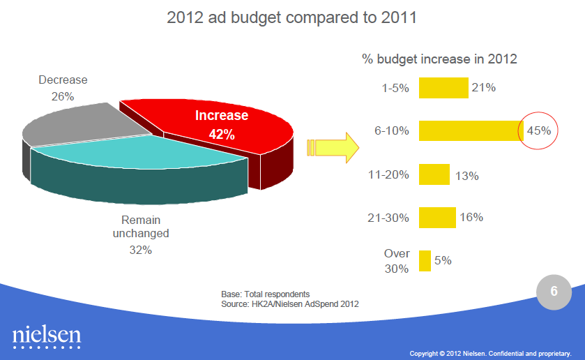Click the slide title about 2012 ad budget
[x=292, y=17]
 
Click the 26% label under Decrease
[x=63, y=96]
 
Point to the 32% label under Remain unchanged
[x=141, y=249]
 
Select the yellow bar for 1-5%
[x=443, y=88]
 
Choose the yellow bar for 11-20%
[x=434, y=174]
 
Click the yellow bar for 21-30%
[x=436, y=218]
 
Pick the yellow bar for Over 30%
[x=424, y=261]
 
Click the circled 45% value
[x=538, y=130]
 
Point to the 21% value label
[x=483, y=88]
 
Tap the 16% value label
[x=471, y=218]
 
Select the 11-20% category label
[x=388, y=175]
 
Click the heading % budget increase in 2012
[x=439, y=59]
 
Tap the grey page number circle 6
[x=554, y=292]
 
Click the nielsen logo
[x=47, y=337]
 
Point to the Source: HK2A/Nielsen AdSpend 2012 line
[x=290, y=303]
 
